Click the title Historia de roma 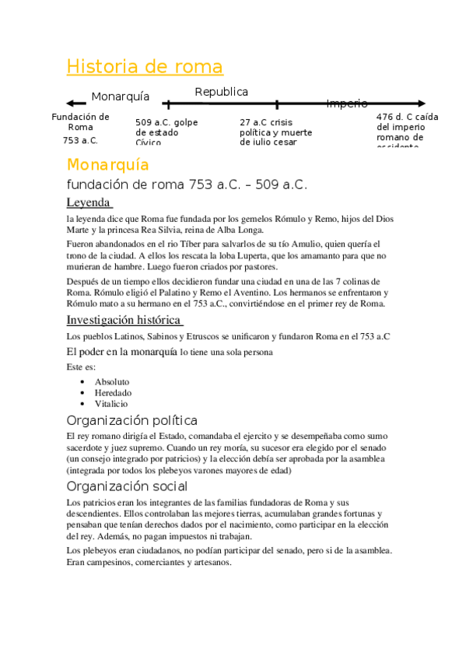(x=145, y=67)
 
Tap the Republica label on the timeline (x=222, y=92)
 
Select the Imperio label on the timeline (x=347, y=104)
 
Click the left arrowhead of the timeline (x=70, y=104)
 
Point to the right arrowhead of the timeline (x=422, y=103)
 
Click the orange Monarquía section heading (x=107, y=165)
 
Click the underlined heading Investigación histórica (x=124, y=320)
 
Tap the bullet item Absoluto (x=112, y=382)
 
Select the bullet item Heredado (x=113, y=393)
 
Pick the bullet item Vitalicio (x=111, y=404)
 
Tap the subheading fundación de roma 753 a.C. (x=187, y=185)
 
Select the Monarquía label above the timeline (x=121, y=97)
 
